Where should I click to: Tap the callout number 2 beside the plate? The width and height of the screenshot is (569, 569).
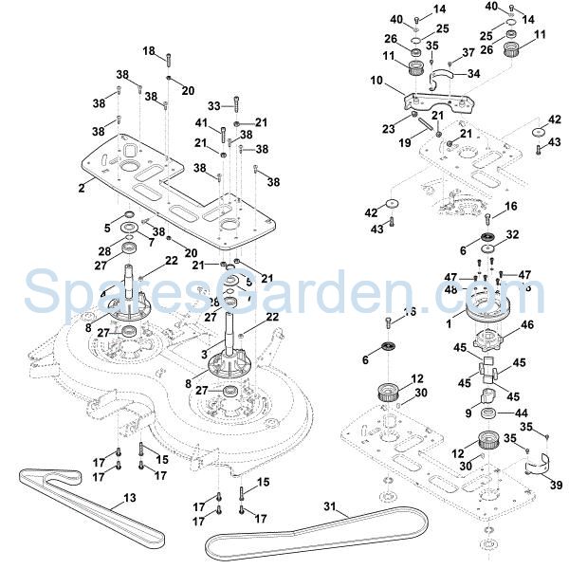82,189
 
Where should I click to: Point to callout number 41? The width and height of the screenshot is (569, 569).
200,123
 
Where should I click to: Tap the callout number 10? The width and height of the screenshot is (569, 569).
376,82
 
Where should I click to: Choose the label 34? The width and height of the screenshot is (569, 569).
473,73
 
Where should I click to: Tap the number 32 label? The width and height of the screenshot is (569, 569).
513,233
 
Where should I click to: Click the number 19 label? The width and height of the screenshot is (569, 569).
405,143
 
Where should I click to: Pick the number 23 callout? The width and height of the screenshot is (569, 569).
387,129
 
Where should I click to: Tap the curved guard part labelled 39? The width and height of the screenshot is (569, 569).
538,468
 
